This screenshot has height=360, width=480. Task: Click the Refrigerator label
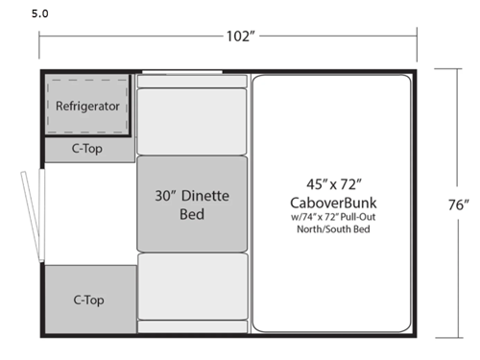pos(87,106)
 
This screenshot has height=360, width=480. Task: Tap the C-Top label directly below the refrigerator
pos(87,149)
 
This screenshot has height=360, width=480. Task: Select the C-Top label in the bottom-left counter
pos(87,300)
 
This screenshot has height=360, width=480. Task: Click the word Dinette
pos(209,195)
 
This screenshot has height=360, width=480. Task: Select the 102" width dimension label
pos(240,37)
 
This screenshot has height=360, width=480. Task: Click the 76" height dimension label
pos(458,204)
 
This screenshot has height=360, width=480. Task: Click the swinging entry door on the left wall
pos(33,215)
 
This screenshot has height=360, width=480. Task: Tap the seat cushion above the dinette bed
pos(192,113)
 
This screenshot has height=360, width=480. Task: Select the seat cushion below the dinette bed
pos(192,286)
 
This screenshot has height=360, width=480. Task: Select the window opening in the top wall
pos(181,71)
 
